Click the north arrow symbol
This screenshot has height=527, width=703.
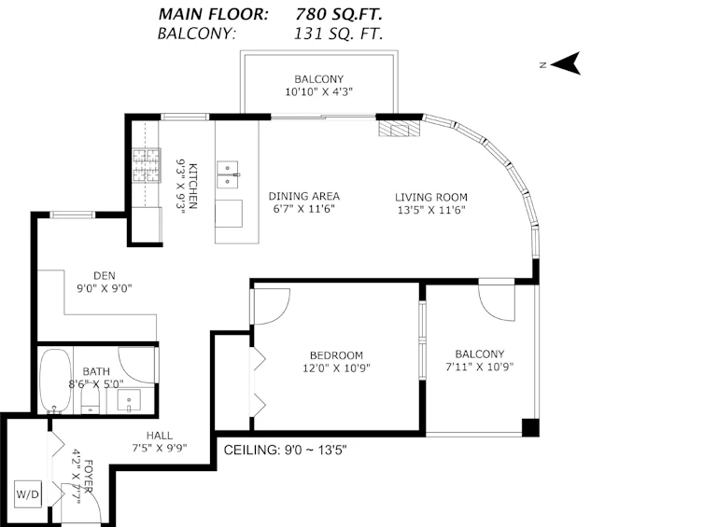568,63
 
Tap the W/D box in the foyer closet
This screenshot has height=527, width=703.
28,494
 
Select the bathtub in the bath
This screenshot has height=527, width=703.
55,381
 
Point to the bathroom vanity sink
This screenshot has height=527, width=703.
129,400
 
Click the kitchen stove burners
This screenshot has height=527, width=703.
147,165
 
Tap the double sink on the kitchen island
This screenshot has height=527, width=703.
228,175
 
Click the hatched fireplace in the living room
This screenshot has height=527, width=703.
401,129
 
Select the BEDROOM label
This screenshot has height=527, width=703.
336,355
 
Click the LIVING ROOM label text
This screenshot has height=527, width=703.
431,198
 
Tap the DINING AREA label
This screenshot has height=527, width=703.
304,196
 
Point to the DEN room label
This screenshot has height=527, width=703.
105,276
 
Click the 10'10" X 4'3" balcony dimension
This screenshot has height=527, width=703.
318,91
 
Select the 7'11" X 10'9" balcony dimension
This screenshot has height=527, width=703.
479,367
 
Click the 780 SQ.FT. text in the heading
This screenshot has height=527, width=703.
339,14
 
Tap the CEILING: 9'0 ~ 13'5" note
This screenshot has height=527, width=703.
285,450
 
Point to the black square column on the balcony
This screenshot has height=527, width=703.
530,427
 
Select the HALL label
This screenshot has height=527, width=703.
159,436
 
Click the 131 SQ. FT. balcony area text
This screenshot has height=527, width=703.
339,34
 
